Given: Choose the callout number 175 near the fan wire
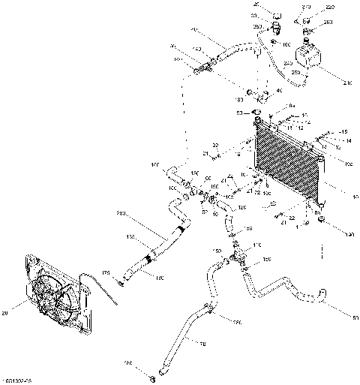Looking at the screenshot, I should [x=106, y=272].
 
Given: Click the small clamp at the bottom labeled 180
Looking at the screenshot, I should [x=152, y=372].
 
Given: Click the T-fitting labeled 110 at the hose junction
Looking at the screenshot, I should [x=239, y=257].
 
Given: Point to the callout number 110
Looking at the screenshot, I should [x=258, y=245].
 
